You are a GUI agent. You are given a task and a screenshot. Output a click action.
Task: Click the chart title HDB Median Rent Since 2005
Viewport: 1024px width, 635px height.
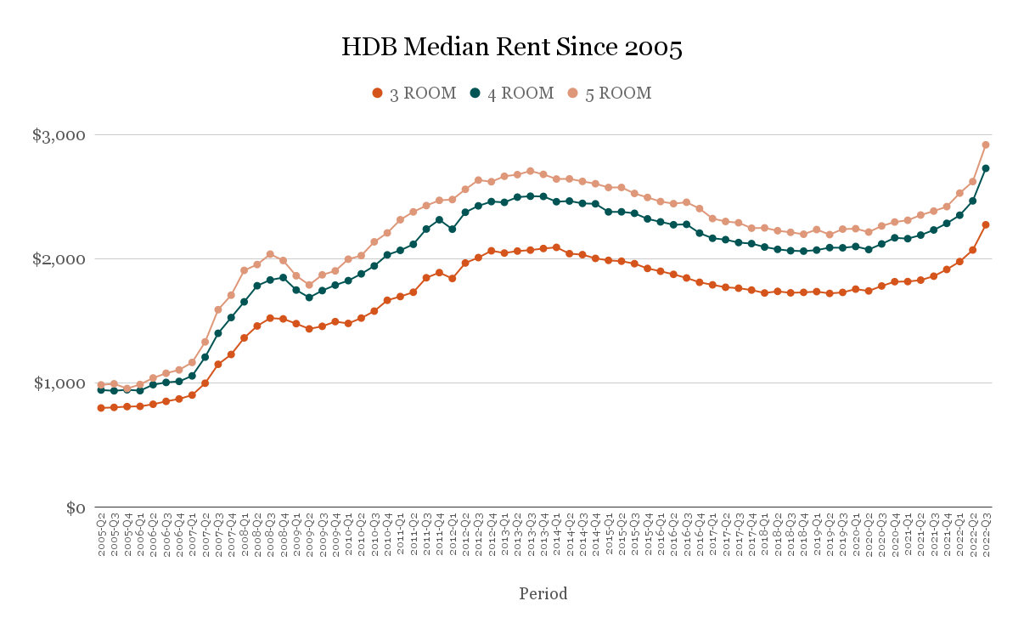tap(511, 48)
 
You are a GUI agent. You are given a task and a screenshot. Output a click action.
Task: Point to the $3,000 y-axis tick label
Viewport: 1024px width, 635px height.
tap(60, 135)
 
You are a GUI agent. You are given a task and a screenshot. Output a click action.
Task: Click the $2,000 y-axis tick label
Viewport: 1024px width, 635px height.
tap(60, 259)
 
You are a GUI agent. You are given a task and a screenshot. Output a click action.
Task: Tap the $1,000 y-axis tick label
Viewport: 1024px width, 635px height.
tap(60, 383)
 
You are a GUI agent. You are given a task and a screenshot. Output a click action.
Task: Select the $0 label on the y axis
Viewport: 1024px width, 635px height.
tap(76, 507)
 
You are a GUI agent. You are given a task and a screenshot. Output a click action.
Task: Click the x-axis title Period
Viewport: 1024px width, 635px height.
tap(543, 593)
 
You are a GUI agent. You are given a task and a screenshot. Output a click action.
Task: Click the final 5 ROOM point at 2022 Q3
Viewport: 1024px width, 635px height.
tap(986, 145)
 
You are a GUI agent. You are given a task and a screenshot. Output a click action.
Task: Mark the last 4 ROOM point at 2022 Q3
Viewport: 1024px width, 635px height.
tap(986, 168)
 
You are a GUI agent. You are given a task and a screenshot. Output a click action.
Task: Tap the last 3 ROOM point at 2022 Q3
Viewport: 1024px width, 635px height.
tap(986, 224)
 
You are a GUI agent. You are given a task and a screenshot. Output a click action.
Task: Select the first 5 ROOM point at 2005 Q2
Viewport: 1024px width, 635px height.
tap(101, 384)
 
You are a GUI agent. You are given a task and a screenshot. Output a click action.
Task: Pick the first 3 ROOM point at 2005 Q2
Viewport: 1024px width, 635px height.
tap(101, 408)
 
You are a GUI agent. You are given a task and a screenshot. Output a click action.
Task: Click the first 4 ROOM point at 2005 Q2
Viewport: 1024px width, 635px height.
tap(101, 389)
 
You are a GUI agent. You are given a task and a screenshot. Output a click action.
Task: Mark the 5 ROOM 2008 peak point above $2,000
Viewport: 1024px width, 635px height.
tap(270, 254)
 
